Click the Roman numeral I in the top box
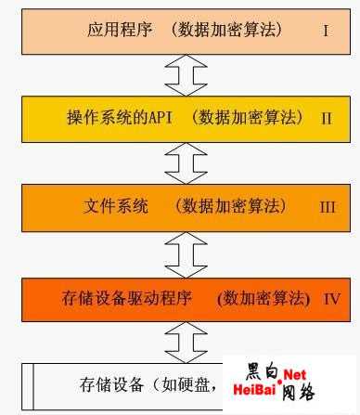(x=326, y=30)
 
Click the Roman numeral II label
(x=326, y=118)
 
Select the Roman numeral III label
(x=327, y=207)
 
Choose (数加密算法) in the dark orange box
(x=263, y=298)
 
